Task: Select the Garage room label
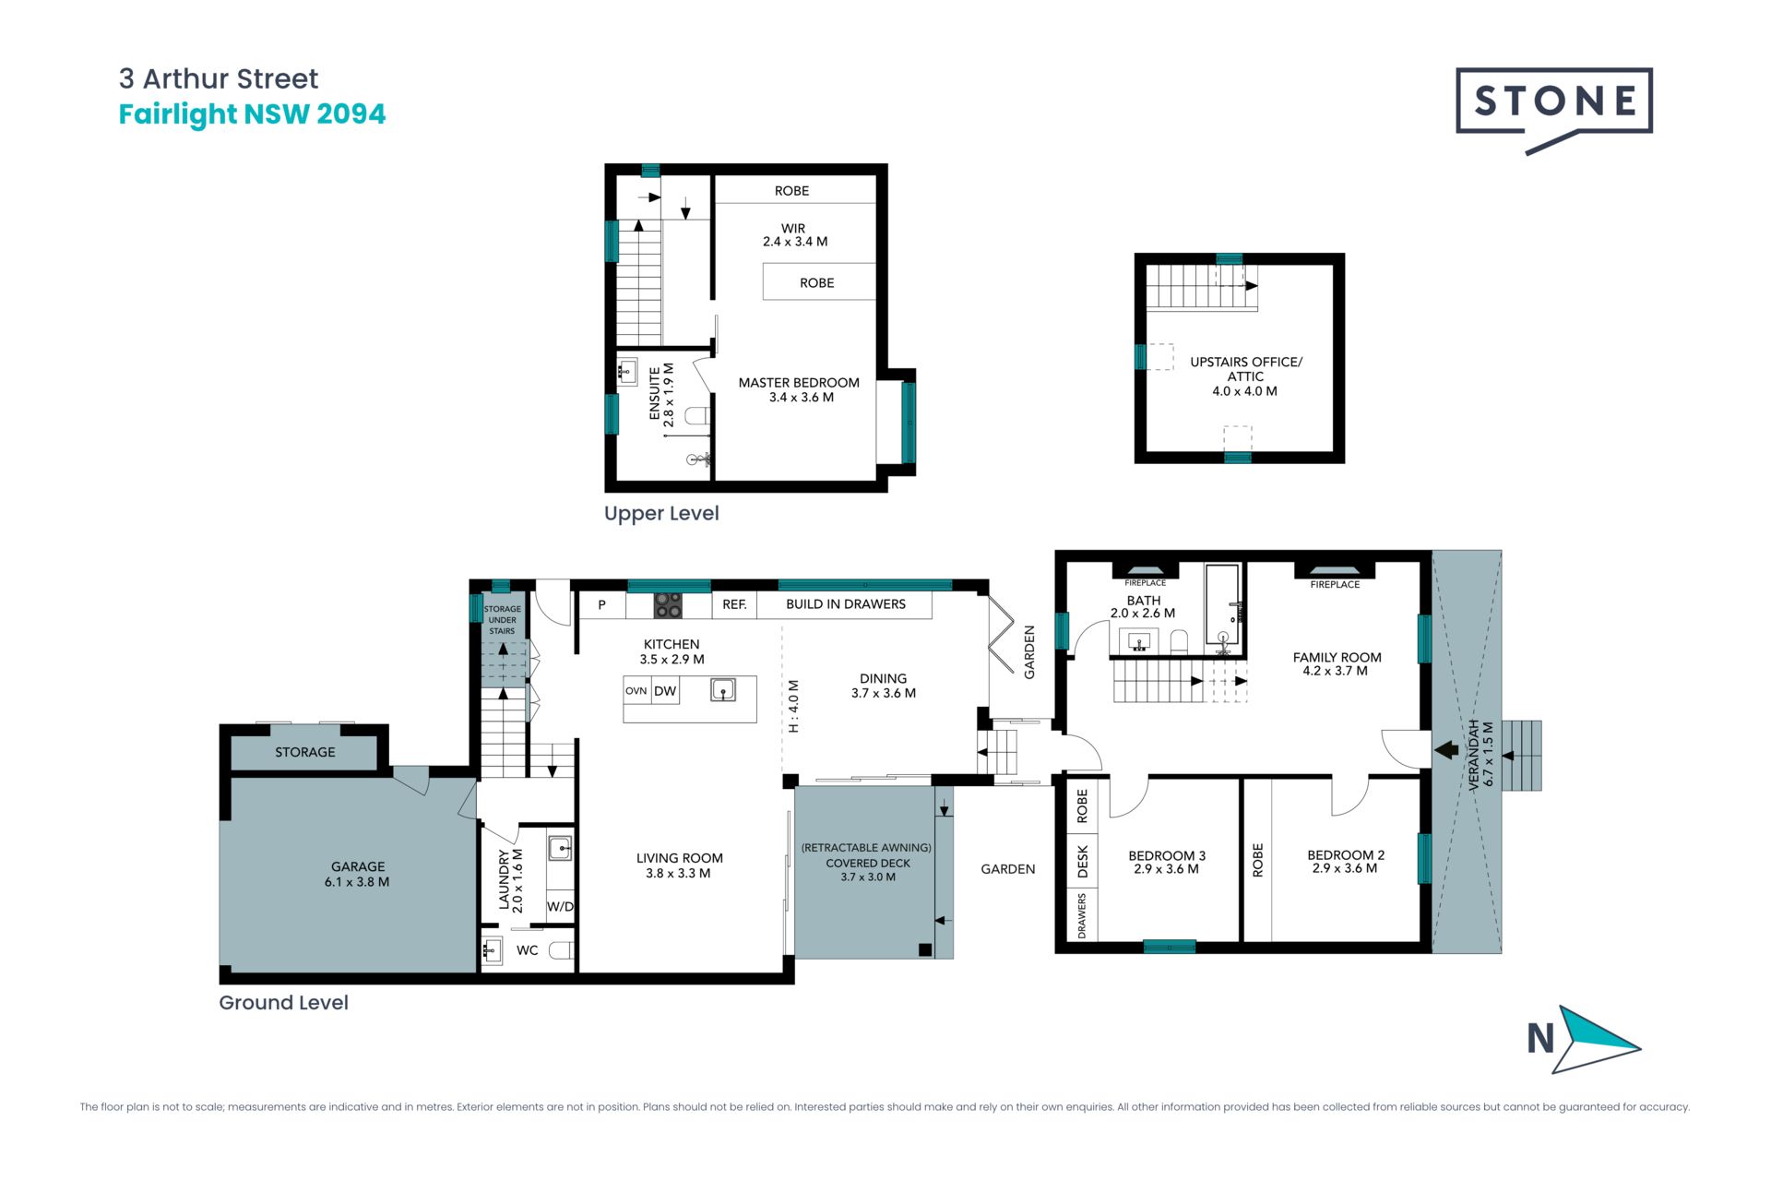357,874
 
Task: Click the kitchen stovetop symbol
668,605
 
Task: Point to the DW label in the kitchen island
665,691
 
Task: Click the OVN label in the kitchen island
636,691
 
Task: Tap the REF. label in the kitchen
734,604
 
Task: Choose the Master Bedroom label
799,389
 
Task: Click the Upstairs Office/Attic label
1245,376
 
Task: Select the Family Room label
1337,664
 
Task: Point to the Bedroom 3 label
1167,862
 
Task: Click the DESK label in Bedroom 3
1083,861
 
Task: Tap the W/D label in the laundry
560,906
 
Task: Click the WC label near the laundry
527,950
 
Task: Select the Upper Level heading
661,514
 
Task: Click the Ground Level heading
283,1003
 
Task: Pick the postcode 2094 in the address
351,114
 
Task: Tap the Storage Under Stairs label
503,620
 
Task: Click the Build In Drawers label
846,604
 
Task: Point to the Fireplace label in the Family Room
1335,584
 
